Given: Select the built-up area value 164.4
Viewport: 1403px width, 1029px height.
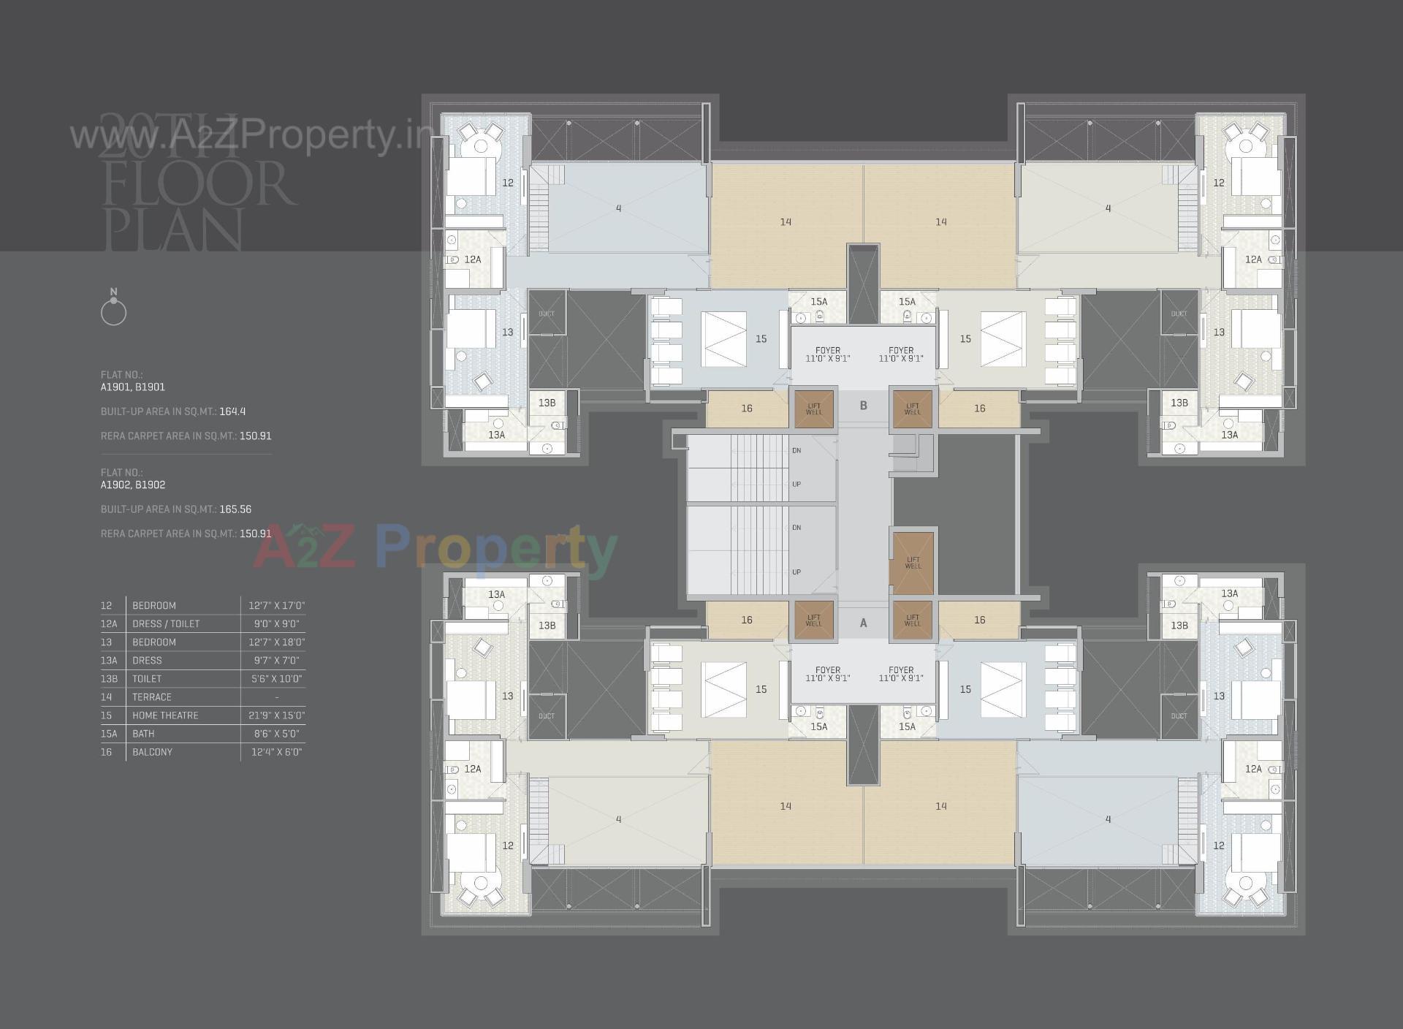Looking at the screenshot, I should click(232, 411).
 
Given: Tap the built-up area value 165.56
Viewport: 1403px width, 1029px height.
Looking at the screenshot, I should click(235, 509).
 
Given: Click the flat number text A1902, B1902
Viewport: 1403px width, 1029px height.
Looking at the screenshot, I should click(133, 485).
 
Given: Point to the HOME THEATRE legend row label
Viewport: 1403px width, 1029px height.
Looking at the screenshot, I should click(165, 715).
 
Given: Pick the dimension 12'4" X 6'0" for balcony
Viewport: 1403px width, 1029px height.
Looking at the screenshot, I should click(276, 752).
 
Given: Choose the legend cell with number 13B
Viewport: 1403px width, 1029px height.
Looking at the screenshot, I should click(108, 679).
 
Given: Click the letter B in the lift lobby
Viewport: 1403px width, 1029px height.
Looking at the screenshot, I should click(863, 406).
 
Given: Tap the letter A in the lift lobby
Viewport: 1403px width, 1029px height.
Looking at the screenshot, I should click(863, 623).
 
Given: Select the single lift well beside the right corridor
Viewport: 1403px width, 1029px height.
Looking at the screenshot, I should click(912, 562).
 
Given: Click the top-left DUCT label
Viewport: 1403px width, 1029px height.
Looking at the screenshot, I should click(546, 314).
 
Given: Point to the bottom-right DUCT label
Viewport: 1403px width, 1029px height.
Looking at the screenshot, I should click(1179, 716).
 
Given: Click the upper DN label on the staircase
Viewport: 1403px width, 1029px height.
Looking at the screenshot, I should click(796, 451).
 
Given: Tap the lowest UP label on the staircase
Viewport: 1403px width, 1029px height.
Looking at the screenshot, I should click(796, 572).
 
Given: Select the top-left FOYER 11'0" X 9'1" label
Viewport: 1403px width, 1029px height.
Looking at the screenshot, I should click(827, 354).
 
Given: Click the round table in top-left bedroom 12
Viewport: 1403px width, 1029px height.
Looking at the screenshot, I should click(480, 146).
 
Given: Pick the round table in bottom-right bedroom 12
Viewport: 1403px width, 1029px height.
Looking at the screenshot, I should click(1245, 883).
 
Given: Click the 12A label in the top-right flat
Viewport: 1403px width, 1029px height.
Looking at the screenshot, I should click(1253, 259).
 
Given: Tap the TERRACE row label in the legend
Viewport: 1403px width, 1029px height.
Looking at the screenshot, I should click(151, 697).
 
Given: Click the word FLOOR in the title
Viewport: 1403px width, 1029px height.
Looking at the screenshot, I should click(199, 184).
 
